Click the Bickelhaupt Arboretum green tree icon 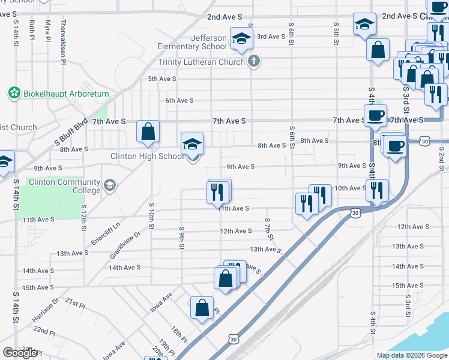click(x=14, y=93)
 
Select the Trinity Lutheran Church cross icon click(x=254, y=61)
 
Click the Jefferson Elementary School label click(x=192, y=42)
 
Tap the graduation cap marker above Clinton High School click(x=193, y=143)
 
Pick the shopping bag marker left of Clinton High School click(x=148, y=131)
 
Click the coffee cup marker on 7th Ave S click(x=375, y=115)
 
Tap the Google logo click(x=20, y=353)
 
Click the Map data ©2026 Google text click(x=411, y=355)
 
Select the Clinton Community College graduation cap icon click(x=109, y=185)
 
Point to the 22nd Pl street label click(x=44, y=331)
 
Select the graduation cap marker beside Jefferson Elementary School click(x=241, y=39)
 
